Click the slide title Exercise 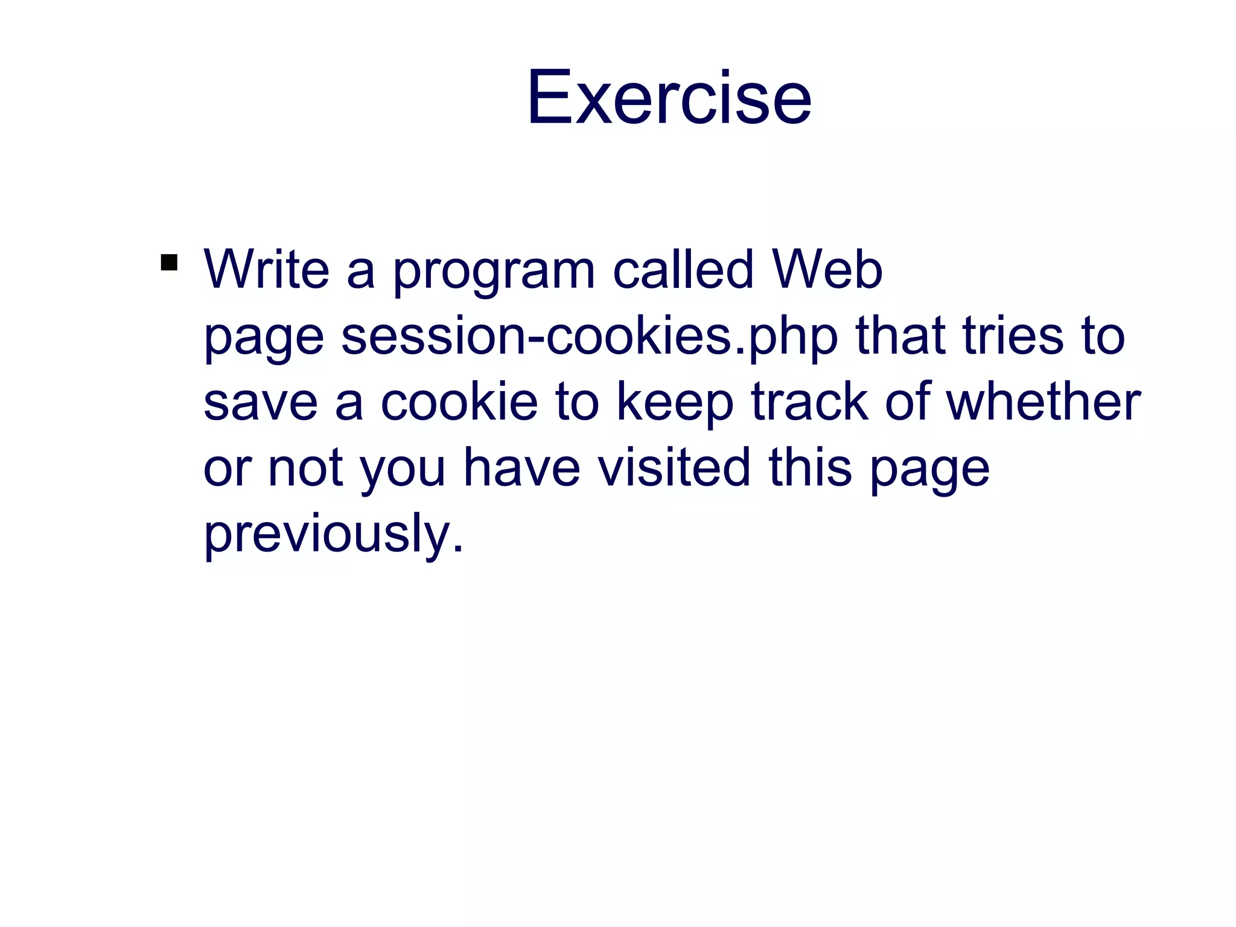click(x=669, y=98)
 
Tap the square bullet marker click(x=169, y=263)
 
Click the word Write click(x=267, y=270)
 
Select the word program click(x=494, y=273)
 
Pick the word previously click(x=334, y=535)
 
